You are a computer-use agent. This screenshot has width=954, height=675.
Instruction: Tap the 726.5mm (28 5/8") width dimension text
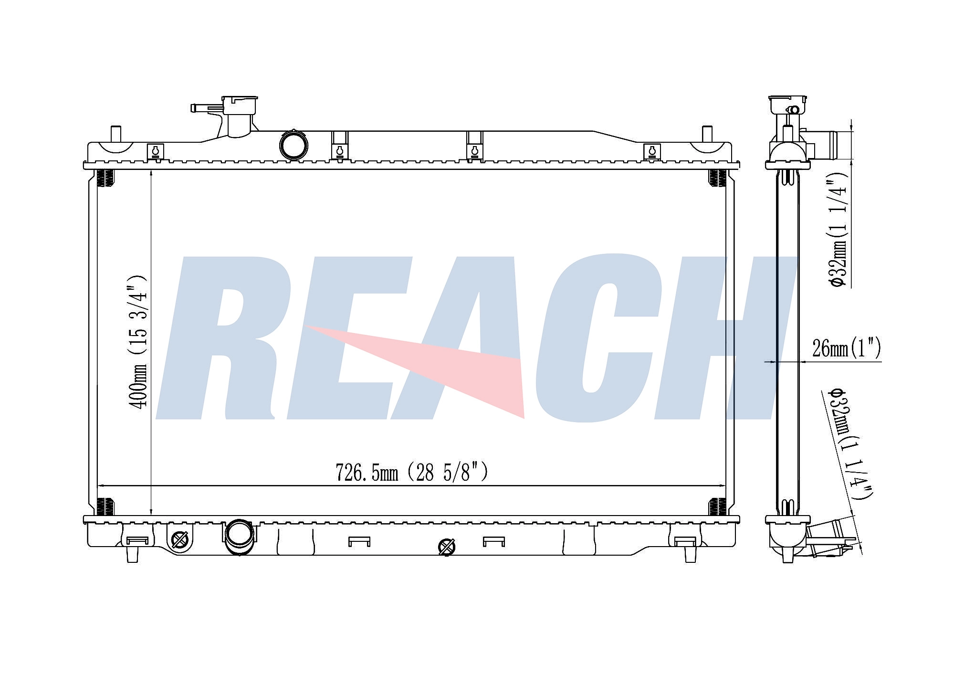412,473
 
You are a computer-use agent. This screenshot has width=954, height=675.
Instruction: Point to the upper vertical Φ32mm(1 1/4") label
838,229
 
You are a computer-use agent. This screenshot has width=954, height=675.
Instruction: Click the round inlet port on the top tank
294,145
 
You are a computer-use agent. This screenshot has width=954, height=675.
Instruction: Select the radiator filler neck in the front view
234,116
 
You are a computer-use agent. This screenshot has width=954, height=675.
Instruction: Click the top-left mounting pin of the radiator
116,134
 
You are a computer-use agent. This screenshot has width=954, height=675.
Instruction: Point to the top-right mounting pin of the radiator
707,134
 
